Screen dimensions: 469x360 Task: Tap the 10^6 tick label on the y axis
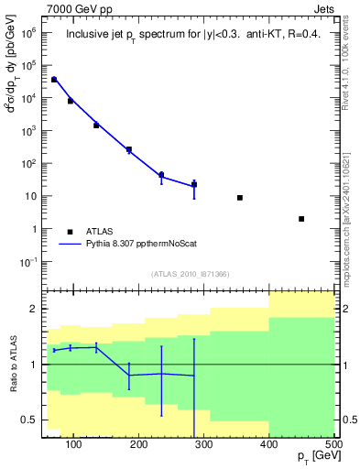(29, 32)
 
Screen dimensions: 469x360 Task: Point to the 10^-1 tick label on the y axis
(28, 262)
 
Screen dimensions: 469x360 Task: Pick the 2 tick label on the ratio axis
(33, 309)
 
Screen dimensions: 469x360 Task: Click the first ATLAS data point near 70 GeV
(54, 80)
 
